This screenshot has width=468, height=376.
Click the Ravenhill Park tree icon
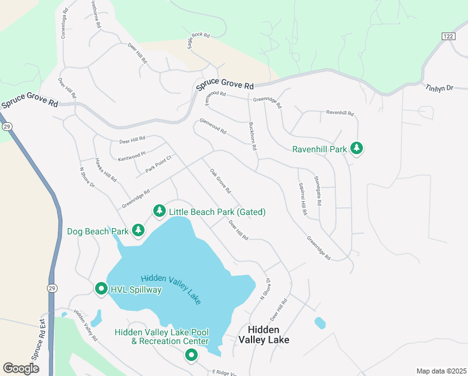pos(357,149)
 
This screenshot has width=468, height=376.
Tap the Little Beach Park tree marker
pos(160,212)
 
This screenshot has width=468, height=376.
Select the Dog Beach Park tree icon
pos(138,231)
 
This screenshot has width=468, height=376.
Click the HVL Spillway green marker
pos(101,289)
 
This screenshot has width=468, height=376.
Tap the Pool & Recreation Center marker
pos(191,356)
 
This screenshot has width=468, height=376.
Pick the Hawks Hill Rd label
pos(106,169)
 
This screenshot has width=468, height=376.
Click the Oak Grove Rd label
pos(220,181)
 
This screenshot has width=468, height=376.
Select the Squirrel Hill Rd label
pos(302,199)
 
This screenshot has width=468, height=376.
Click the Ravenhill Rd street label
pos(340,113)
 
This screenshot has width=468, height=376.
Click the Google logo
pos(21,368)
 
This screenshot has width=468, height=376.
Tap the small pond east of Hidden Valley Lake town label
pos(320,323)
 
